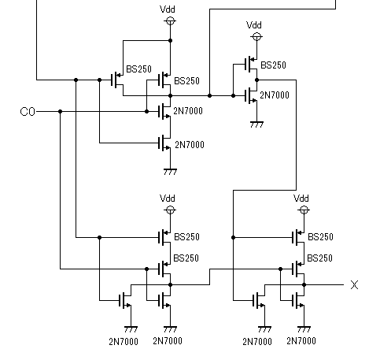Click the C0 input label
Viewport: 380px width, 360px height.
pos(28,112)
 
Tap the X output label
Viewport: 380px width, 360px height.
pos(354,284)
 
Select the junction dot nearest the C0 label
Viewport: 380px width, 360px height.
pos(60,112)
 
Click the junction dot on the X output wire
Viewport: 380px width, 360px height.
pos(304,284)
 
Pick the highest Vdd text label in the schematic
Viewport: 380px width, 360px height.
pos(168,9)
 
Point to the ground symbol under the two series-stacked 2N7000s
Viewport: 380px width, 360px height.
pos(170,172)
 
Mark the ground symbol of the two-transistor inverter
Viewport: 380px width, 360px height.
pos(256,124)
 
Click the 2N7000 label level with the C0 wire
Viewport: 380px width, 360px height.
pos(188,111)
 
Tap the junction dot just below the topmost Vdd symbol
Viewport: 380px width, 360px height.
pos(170,40)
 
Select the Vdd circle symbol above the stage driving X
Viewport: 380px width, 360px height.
pos(304,210)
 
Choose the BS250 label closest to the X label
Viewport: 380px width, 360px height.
pos(319,258)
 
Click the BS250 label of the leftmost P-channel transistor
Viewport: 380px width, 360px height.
pos(139,69)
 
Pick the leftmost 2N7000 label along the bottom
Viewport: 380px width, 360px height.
pos(124,342)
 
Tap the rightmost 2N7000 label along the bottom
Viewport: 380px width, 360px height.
pos(301,341)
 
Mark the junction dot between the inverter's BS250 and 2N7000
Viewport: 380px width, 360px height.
pos(256,80)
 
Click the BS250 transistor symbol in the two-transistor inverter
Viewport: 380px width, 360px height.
pos(251,65)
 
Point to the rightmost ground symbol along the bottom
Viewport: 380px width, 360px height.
pos(304,329)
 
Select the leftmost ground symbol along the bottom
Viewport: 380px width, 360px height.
pos(131,329)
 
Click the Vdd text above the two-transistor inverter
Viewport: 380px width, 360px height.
pos(254,25)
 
